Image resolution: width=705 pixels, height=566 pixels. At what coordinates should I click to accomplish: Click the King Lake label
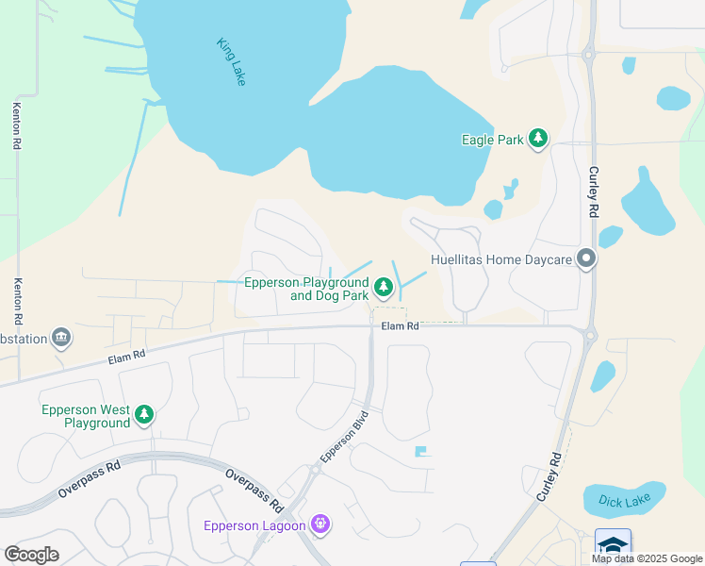point(231,62)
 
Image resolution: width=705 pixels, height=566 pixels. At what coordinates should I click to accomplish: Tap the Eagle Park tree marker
point(538,140)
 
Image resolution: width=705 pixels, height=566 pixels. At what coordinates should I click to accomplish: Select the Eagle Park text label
point(492,140)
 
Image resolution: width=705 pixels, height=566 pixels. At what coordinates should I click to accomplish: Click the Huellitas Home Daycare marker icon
point(587,258)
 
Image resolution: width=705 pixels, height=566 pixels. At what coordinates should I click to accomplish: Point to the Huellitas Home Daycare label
point(502,259)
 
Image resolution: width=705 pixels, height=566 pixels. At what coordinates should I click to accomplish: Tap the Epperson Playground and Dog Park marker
point(383,286)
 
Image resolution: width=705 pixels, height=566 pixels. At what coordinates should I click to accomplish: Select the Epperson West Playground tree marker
point(144,414)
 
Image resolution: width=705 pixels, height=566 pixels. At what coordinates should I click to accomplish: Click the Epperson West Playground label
point(85,417)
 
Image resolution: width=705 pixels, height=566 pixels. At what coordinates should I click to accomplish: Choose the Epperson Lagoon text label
point(254,525)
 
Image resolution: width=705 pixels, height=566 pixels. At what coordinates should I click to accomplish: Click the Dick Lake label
point(624,500)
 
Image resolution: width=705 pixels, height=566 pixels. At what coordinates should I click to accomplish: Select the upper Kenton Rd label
point(16,125)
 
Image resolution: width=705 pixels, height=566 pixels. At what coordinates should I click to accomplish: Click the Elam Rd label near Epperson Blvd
point(400,326)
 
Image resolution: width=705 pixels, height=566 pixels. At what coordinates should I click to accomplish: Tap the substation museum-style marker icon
point(61,337)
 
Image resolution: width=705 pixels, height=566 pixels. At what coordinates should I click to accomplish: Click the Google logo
point(31,555)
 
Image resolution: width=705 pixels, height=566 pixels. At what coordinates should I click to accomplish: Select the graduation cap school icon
point(613,545)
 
